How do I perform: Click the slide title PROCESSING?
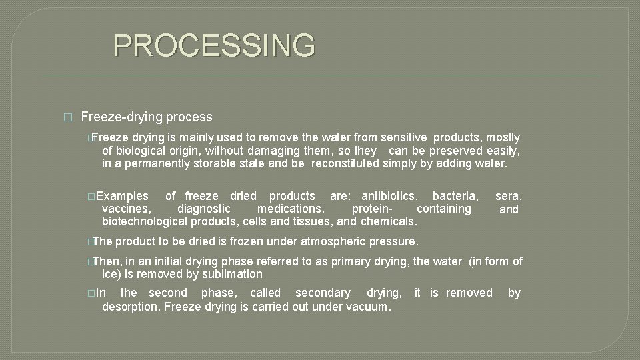coord(213,45)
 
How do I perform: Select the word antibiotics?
coord(390,196)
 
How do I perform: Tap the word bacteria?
coord(455,196)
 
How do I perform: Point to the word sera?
coord(509,196)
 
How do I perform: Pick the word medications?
coord(291,209)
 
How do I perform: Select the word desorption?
coord(130,307)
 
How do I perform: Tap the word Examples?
coord(123,196)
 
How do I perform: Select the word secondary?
coord(323,293)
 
